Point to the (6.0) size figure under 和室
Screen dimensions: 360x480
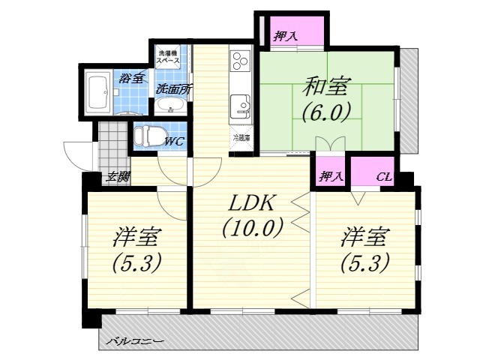click(x=325, y=112)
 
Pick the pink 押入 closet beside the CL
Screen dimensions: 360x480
click(x=331, y=177)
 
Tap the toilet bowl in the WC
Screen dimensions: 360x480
click(x=147, y=136)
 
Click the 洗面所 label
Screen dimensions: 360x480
click(x=174, y=89)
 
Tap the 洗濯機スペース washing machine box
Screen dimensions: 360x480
click(x=169, y=58)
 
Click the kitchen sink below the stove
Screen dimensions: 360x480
click(x=241, y=106)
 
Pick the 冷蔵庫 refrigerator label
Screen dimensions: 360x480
click(x=241, y=138)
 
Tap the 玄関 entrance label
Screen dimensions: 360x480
click(x=116, y=177)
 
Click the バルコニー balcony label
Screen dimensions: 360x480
click(x=135, y=341)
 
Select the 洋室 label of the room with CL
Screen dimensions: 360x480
click(x=365, y=238)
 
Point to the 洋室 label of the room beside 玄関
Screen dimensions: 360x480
click(x=136, y=238)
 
